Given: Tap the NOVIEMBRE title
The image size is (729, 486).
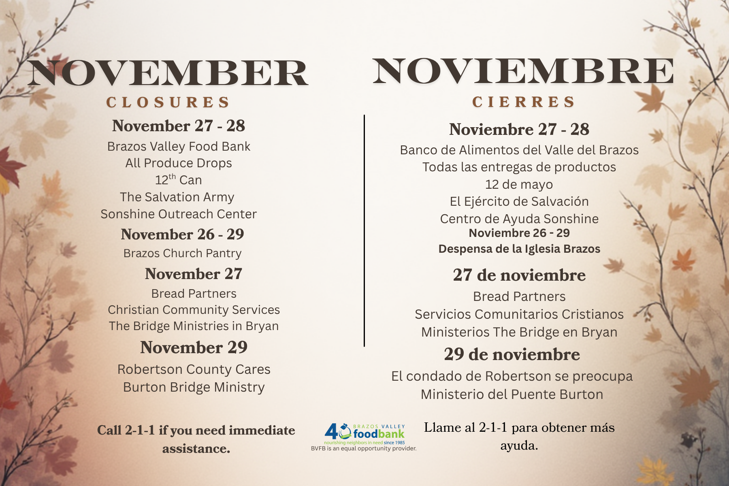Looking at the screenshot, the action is click(x=523, y=71).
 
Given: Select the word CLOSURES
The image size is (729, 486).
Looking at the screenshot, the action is click(x=168, y=102).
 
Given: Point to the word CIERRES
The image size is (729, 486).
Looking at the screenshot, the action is click(x=523, y=102).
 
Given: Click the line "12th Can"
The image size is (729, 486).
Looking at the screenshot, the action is click(x=179, y=179).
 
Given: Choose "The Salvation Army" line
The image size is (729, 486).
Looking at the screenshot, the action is click(x=177, y=197).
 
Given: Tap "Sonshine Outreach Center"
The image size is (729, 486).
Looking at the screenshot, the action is click(x=179, y=214).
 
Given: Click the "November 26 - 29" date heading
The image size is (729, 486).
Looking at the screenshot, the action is click(x=182, y=234).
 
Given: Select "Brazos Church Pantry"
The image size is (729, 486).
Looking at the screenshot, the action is click(x=182, y=253).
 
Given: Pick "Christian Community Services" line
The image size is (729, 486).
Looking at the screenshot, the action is click(x=194, y=310).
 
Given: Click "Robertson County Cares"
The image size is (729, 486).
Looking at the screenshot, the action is click(x=194, y=369).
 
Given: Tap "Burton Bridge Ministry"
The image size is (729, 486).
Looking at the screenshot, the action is click(x=194, y=387).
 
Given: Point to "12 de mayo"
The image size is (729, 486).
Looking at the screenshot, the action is click(x=519, y=184).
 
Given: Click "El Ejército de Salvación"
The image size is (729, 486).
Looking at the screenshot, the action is click(x=519, y=201).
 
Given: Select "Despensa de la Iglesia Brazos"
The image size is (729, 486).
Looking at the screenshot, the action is click(x=519, y=249).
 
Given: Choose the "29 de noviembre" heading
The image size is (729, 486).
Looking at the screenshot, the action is click(x=512, y=354).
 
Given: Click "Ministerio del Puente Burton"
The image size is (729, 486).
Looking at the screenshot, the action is click(x=512, y=394).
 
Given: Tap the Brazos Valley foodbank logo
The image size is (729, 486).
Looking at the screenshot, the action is click(x=364, y=434).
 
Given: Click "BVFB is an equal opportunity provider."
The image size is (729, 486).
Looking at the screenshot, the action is click(x=364, y=448).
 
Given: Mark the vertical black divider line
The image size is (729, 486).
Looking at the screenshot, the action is click(x=364, y=230).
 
